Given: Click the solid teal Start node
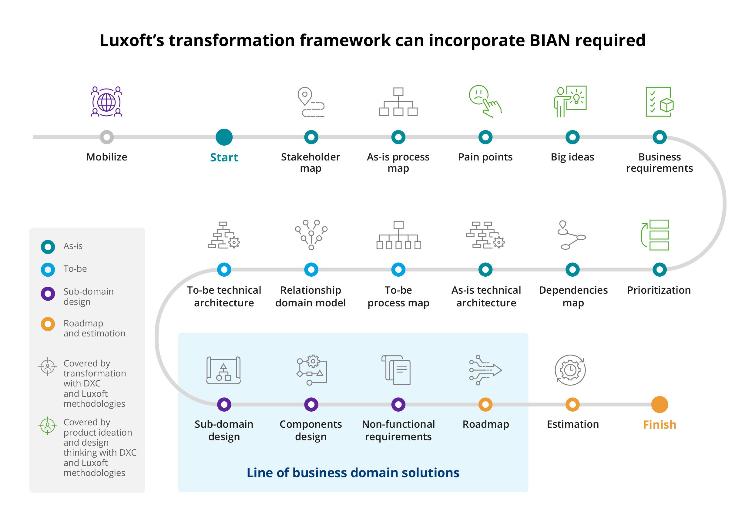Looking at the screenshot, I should click(224, 137).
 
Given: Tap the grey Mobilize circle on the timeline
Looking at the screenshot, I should click(107, 137).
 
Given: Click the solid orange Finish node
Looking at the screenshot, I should click(659, 404).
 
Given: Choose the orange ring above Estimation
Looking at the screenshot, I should click(572, 404).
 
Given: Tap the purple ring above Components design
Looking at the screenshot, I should click(311, 404).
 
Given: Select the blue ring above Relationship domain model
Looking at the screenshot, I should click(311, 269).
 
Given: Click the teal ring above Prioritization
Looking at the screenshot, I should click(659, 269).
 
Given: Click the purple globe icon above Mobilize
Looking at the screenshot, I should click(106, 102).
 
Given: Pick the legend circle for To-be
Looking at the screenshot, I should click(48, 269).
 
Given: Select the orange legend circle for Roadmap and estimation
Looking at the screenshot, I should click(48, 324).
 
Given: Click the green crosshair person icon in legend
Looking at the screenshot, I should click(48, 426).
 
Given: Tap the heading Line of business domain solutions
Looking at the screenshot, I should click(353, 473).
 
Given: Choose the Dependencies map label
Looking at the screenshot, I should click(573, 296).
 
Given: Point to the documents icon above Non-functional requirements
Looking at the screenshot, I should click(396, 370).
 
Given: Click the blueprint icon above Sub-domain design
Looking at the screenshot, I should click(224, 370).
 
